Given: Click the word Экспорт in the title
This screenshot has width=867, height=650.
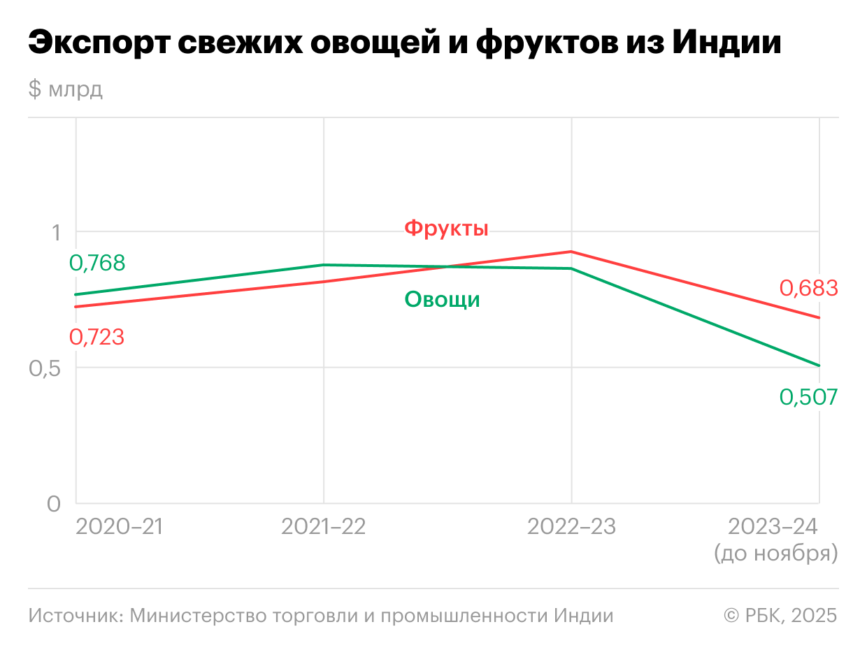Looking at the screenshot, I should click(x=97, y=43).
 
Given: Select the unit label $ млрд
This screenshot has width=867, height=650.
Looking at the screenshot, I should click(x=66, y=89).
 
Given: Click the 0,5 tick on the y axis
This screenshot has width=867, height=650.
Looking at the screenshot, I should click(x=45, y=368).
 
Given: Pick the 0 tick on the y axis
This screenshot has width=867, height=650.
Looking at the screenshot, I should click(x=54, y=504).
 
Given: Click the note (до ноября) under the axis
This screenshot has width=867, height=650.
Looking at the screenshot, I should click(x=776, y=554).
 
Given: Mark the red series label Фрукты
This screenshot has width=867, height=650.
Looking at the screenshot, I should click(x=446, y=229).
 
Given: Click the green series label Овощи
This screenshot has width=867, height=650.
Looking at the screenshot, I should click(x=442, y=300).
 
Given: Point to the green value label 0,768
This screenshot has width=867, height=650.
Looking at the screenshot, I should click(x=97, y=263).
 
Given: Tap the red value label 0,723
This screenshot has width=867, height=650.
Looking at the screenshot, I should click(x=97, y=338).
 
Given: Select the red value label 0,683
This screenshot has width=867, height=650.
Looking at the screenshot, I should click(x=808, y=289).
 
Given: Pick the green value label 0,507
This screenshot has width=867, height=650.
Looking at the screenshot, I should click(x=808, y=398).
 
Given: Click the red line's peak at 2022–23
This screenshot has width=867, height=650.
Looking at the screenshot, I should click(x=572, y=252).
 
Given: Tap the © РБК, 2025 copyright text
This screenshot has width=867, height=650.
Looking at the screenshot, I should click(x=780, y=616).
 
